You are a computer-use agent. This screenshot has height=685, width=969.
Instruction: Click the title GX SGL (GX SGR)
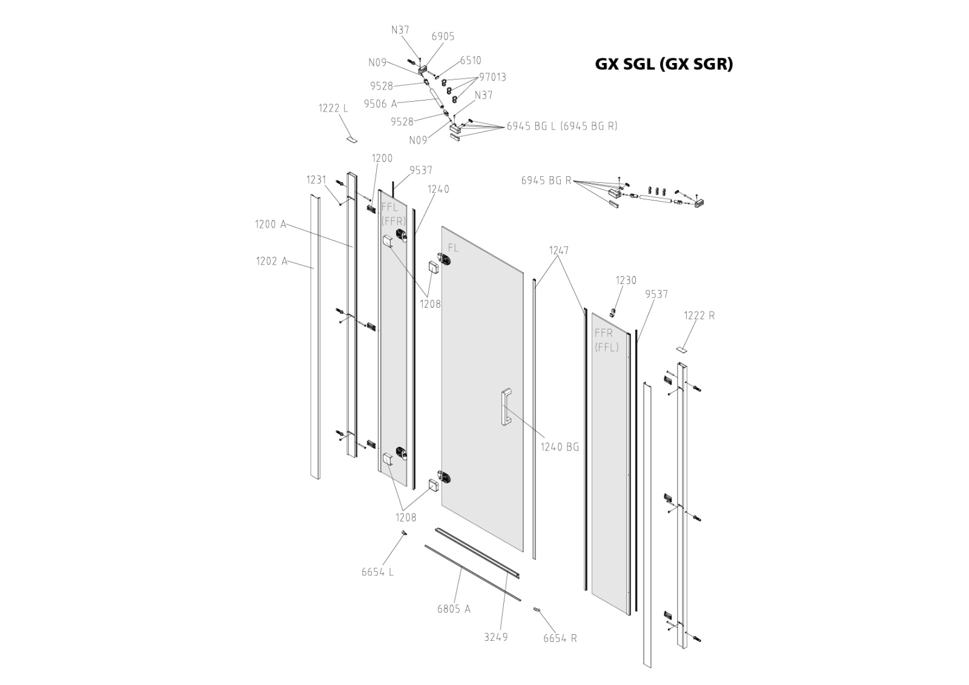click(x=664, y=64)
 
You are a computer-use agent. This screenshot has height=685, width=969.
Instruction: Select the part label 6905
click(x=443, y=37)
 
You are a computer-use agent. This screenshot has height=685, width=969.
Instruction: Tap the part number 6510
click(x=471, y=61)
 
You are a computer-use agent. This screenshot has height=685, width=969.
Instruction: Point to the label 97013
click(x=492, y=78)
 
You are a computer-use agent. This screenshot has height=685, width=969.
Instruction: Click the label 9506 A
click(x=380, y=104)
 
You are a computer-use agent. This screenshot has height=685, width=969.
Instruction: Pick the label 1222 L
click(x=333, y=109)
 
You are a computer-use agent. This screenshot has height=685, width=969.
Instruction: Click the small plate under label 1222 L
click(x=352, y=139)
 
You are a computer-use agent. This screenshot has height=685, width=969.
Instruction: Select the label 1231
click(x=316, y=180)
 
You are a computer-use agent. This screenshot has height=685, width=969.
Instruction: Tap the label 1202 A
click(x=271, y=262)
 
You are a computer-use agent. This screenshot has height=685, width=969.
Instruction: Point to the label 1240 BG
click(x=560, y=447)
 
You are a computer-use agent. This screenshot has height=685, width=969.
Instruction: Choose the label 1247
click(x=558, y=250)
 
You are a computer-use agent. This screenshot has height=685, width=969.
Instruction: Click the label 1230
click(x=626, y=280)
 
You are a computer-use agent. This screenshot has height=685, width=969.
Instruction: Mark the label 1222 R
click(x=699, y=316)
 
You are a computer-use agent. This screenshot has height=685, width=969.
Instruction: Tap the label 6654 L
click(x=377, y=572)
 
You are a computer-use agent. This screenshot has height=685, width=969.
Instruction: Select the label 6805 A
click(x=454, y=609)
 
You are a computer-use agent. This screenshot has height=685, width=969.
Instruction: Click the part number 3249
click(x=495, y=637)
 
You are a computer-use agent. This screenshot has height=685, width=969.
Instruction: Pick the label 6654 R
click(x=560, y=638)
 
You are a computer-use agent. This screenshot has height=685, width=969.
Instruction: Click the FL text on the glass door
click(x=453, y=248)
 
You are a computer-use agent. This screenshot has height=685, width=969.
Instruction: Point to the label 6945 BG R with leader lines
click(x=546, y=180)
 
